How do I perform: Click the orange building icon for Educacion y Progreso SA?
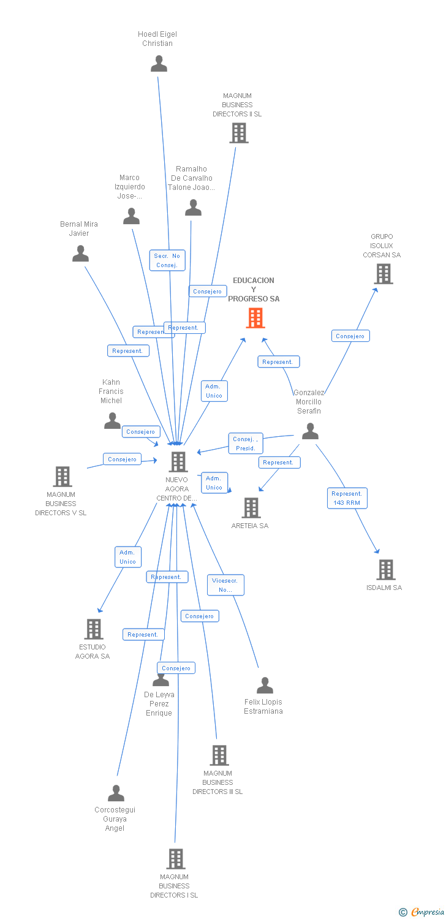point(255,318)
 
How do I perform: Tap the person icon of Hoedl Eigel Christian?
point(159,64)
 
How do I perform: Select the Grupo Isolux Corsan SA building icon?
point(384,274)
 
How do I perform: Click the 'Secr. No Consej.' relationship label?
point(167,260)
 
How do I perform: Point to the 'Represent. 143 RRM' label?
point(347,498)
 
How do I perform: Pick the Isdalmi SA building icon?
point(386,570)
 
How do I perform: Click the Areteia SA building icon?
point(251,508)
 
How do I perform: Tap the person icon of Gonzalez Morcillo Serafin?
point(310,431)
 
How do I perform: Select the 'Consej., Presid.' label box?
point(246,444)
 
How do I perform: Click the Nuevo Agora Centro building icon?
point(178,462)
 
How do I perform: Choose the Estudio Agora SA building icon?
point(94,629)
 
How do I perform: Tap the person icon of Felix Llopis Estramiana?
point(265,686)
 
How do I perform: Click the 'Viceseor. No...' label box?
point(225,585)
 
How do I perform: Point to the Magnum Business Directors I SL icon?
point(176,859)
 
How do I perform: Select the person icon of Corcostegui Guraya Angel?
point(116,793)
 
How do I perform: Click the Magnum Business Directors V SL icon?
point(62,477)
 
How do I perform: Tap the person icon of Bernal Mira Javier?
point(80,254)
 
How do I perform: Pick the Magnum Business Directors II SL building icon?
point(239,133)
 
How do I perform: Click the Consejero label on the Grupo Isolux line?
point(350,336)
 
